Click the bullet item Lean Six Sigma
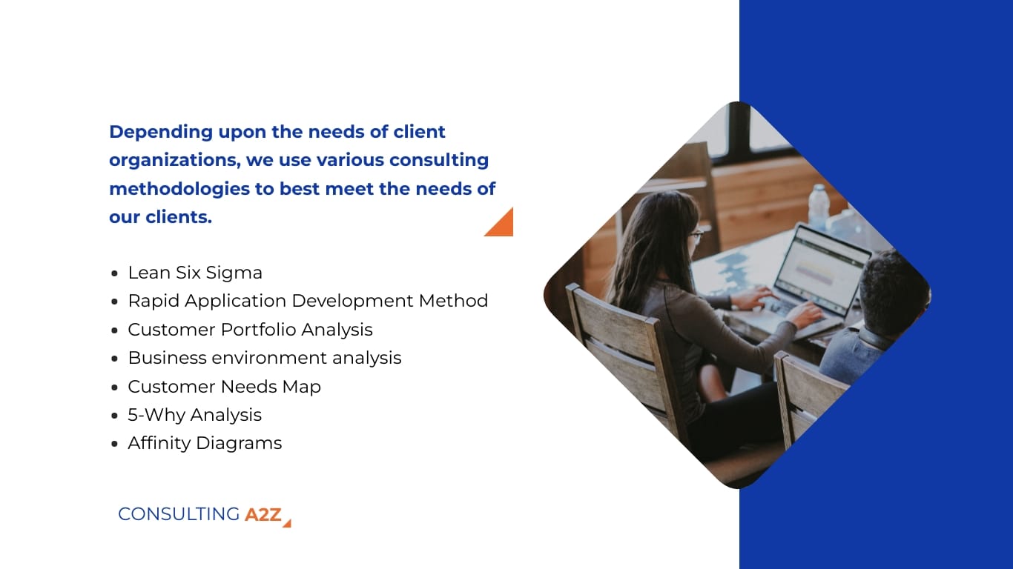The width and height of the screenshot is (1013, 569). tap(195, 273)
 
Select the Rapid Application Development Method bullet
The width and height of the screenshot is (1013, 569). tap(308, 301)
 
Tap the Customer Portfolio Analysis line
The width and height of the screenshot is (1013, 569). tap(250, 329)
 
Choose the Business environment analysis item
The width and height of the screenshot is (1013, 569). tap(264, 358)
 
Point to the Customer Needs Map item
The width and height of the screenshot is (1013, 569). tap(224, 386)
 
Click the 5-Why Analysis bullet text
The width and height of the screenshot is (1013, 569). tap(194, 415)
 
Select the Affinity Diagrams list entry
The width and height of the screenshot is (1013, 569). tap(205, 443)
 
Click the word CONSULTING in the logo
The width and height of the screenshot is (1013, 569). tap(179, 514)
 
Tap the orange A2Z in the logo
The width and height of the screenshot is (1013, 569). tap(263, 514)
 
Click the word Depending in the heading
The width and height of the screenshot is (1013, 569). tap(161, 132)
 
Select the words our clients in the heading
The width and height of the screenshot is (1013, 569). tap(160, 218)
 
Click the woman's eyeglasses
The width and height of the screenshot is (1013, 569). tap(696, 236)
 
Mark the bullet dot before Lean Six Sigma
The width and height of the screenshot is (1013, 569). tap(114, 273)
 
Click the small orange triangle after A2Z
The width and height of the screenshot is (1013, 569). tap(287, 523)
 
